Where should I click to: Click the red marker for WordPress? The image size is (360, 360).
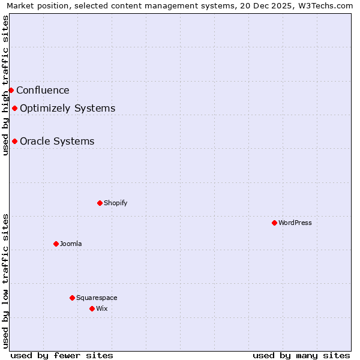tap(274, 223)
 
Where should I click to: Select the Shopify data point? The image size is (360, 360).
tap(100, 203)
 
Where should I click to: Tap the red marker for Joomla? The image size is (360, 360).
tap(56, 244)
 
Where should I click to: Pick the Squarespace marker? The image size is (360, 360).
tap(72, 298)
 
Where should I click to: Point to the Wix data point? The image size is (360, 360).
tap(92, 308)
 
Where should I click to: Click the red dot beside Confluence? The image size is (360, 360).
tap(11, 90)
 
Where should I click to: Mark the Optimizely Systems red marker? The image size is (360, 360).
tap(14, 108)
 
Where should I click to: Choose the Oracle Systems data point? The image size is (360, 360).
tap(14, 141)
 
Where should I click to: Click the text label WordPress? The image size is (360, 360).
tap(295, 223)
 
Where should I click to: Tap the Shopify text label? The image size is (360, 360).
tap(116, 203)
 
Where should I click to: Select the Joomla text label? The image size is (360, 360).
tap(71, 244)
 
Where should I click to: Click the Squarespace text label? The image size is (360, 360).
tap(97, 298)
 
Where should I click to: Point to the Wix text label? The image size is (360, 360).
tap(102, 308)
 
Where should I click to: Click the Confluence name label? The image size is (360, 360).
tap(43, 91)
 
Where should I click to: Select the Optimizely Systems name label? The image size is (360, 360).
tap(67, 109)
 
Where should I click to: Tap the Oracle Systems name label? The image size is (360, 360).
tap(57, 142)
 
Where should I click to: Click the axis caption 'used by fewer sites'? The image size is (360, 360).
tap(62, 355)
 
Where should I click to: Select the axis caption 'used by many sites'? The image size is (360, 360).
tap(301, 355)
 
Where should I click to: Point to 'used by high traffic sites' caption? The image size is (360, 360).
tap(5, 85)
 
